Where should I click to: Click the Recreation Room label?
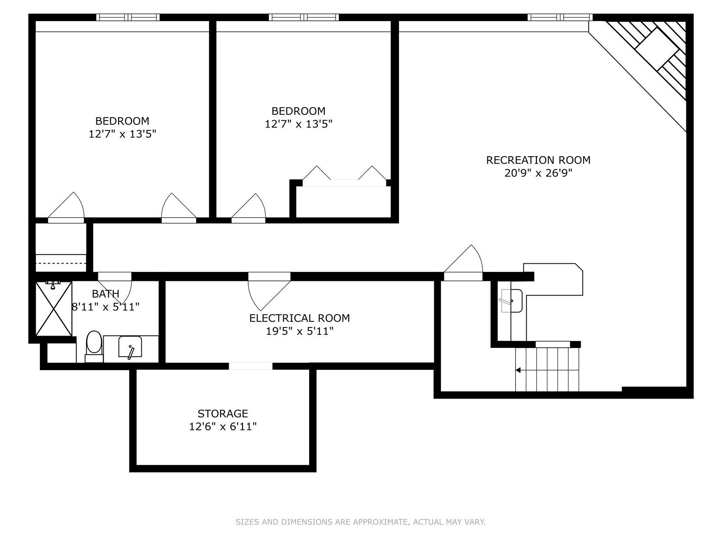[x=538, y=160]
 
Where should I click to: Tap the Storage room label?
[x=223, y=414]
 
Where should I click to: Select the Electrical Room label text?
[x=299, y=318]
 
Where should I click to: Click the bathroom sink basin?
[x=130, y=347]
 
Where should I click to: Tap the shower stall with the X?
[x=54, y=309]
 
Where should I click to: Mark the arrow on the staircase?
[x=547, y=370]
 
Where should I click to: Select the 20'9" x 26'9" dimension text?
[x=538, y=173]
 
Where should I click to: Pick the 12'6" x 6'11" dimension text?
[x=223, y=427]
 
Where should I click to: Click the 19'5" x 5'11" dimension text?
[x=299, y=331]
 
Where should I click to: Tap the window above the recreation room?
[x=560, y=17]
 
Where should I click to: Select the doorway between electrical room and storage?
[x=250, y=366]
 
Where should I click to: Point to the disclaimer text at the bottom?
[x=361, y=522]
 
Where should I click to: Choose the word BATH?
[x=106, y=293]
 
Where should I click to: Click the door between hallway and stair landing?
[x=463, y=262]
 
